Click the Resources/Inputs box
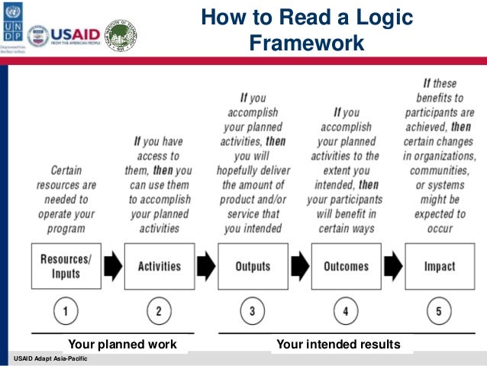coord(66,266)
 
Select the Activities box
coord(159,266)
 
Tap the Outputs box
coord(253,266)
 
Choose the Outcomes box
coord(346,266)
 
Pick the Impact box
coord(439,266)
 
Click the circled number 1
coord(66,312)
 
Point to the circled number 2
coord(159,312)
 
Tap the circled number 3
coord(253,312)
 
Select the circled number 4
coord(346,312)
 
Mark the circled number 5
coord(439,312)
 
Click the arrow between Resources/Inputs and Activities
coord(112,266)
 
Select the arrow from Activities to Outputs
coord(206,266)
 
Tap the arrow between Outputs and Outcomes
coord(299,266)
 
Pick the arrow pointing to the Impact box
coord(392,266)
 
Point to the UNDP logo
coord(13,29)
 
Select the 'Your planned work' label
coord(123,345)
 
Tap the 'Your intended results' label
coord(338,345)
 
